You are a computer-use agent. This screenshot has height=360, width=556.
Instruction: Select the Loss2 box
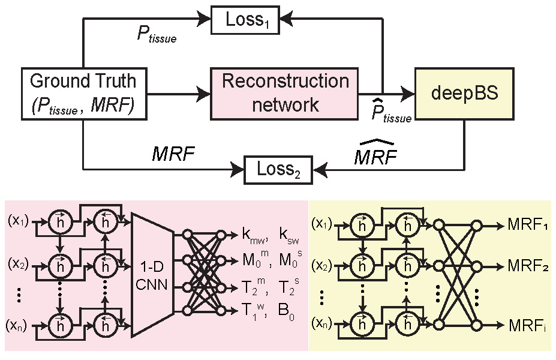tap(277, 170)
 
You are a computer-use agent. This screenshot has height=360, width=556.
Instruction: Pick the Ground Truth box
tap(83, 93)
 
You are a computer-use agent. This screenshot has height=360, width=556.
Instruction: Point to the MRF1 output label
tap(528, 225)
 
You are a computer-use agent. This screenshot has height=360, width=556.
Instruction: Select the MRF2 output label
tap(528, 264)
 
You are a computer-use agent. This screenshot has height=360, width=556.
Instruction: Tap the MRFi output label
tap(527, 325)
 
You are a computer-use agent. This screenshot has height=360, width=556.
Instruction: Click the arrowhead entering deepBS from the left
tap(409, 94)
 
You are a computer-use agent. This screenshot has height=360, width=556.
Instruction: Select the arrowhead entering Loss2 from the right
tap(320, 170)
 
